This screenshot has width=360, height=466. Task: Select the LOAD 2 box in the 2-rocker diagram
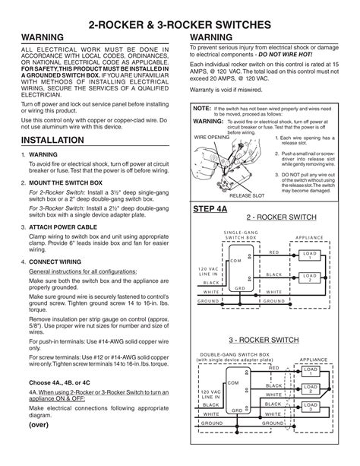pos(309,277)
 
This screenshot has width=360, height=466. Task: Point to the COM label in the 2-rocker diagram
pos(234,261)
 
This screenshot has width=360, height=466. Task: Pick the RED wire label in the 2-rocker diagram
pos(274,252)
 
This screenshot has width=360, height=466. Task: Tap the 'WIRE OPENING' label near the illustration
pos(210,138)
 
